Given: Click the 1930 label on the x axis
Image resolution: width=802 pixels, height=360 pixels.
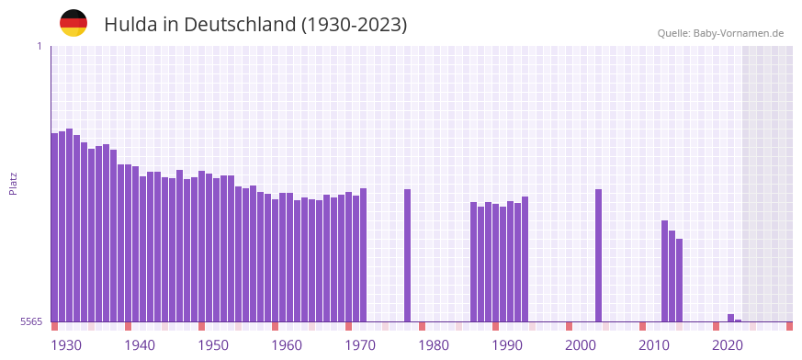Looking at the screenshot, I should pyautogui.click(x=66, y=345).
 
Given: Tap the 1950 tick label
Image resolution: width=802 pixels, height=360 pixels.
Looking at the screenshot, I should pyautogui.click(x=213, y=345).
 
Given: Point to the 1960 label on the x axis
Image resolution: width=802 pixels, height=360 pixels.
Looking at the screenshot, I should pyautogui.click(x=287, y=345).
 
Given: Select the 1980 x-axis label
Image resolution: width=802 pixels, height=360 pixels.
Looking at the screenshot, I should pyautogui.click(x=434, y=345).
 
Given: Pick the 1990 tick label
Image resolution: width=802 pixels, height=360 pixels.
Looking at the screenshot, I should pyautogui.click(x=507, y=345).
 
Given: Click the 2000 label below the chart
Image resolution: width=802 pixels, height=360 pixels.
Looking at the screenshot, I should pyautogui.click(x=581, y=345).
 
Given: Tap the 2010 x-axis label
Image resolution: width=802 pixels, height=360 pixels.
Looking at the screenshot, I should pyautogui.click(x=654, y=345).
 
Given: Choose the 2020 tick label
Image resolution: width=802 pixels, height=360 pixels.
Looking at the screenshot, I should pyautogui.click(x=728, y=345).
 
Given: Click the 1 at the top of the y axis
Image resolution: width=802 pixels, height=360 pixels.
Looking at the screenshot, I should pyautogui.click(x=39, y=46).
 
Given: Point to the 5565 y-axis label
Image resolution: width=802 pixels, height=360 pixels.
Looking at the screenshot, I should pyautogui.click(x=31, y=321).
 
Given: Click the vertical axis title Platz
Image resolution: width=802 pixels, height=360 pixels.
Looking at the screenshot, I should pyautogui.click(x=13, y=183).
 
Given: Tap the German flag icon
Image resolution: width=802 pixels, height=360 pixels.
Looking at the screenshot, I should pyautogui.click(x=73, y=23).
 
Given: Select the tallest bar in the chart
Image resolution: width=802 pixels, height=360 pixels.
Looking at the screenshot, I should pyautogui.click(x=69, y=225).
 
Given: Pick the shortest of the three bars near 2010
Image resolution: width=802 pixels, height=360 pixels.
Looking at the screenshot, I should pyautogui.click(x=679, y=280).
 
